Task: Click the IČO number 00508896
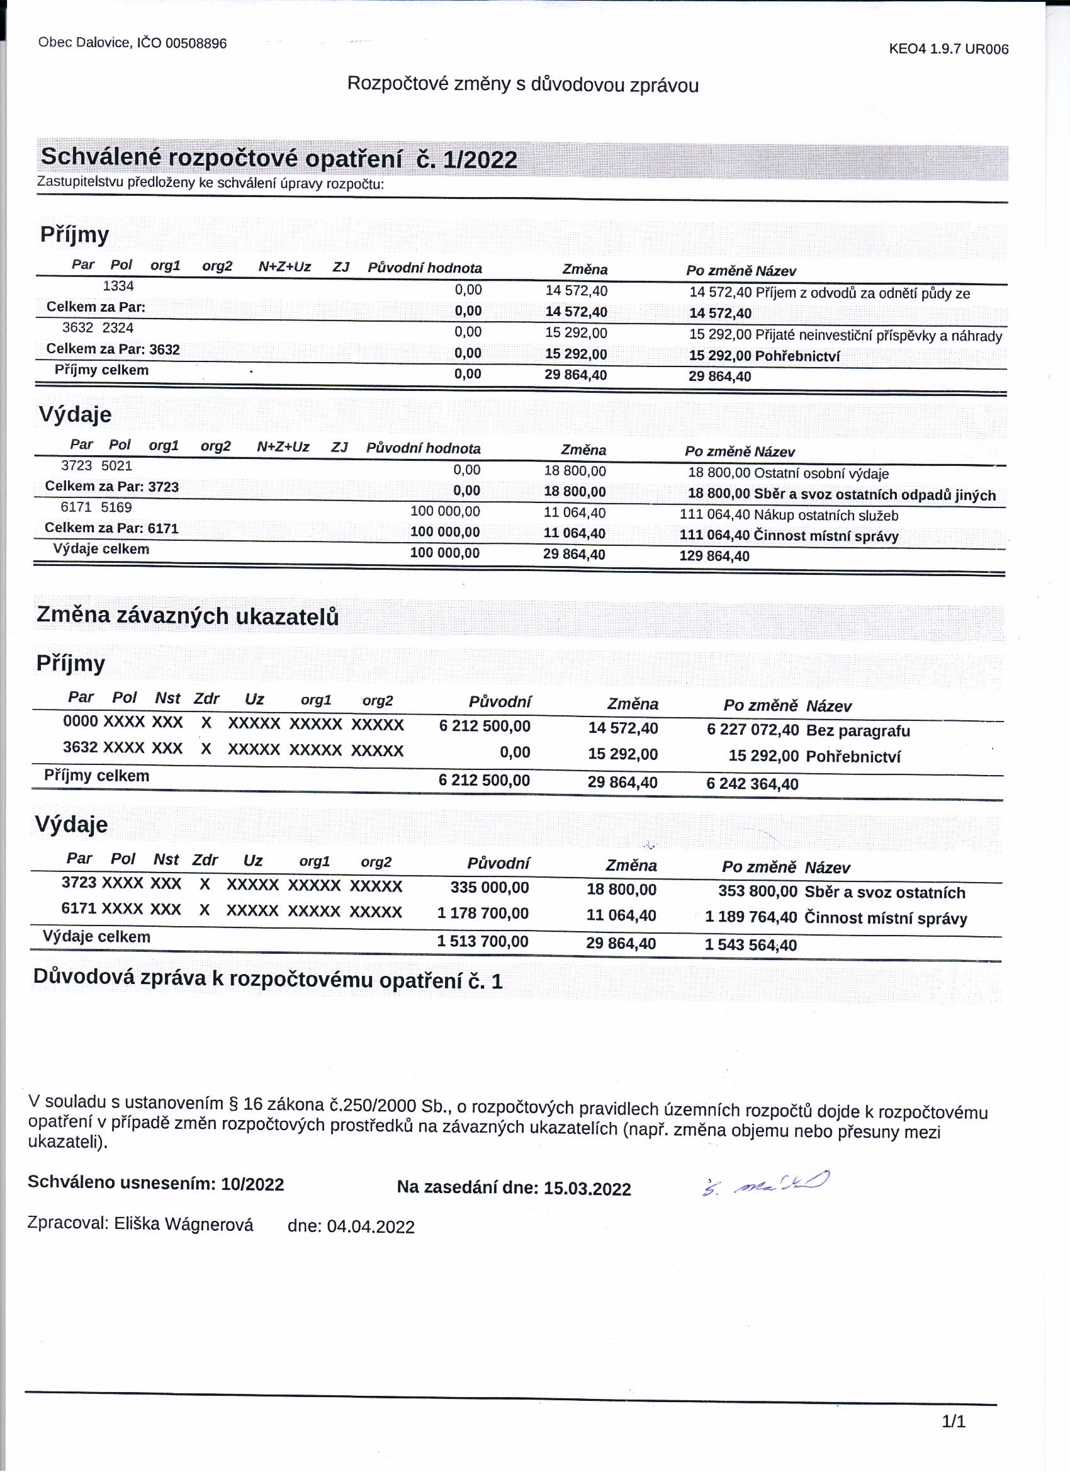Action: [x=196, y=43]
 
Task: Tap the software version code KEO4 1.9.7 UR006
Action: [x=948, y=48]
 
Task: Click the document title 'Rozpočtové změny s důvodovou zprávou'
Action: [x=522, y=84]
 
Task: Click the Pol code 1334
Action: [x=118, y=286]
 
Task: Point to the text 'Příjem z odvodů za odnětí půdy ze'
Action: [x=862, y=293]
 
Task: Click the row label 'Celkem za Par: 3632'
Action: [x=113, y=349]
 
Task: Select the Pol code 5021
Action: [x=117, y=465]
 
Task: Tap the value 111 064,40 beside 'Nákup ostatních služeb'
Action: [x=714, y=514]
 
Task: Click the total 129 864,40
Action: [x=714, y=556]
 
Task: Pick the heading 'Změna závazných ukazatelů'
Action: [x=188, y=615]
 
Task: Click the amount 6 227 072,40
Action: [x=752, y=730]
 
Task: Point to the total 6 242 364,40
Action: [x=752, y=784]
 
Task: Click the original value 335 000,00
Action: [x=489, y=887]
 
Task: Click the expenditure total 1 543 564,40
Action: [x=750, y=945]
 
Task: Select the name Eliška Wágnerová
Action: [x=184, y=1224]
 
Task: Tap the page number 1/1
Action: [x=953, y=1422]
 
